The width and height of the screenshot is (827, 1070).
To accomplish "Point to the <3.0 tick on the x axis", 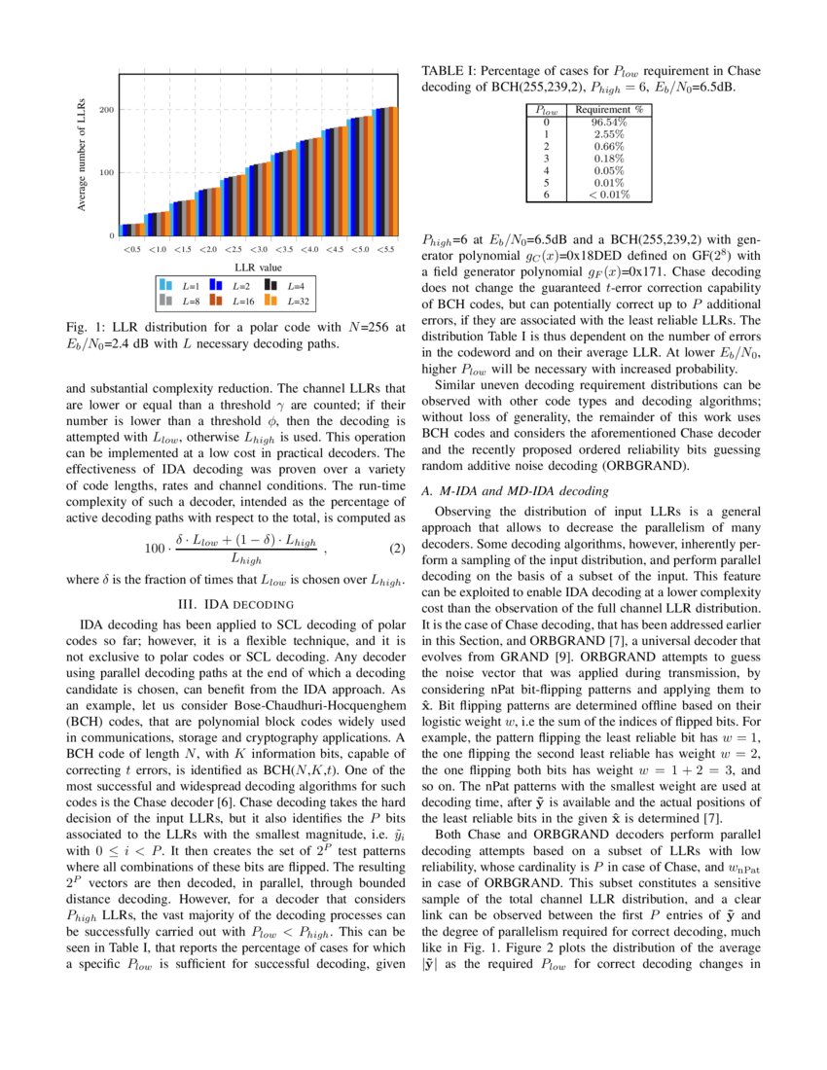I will point(258,250).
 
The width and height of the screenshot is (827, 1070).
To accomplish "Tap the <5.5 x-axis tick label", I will point(385,250).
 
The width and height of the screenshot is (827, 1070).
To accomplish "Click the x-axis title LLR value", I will point(258,267).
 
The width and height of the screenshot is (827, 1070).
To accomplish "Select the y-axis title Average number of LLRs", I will point(83,154).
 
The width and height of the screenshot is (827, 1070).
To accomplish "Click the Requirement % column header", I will point(609,111).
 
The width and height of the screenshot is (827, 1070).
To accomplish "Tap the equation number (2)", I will point(395,549).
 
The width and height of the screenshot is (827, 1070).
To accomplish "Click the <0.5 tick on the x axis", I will point(131,250).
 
